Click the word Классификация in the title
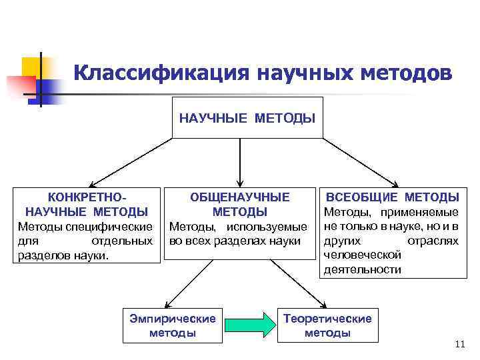[x=160, y=72]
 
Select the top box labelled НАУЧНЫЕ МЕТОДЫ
[x=247, y=117]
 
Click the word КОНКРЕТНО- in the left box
[x=87, y=197]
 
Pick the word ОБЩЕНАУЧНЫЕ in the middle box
[x=240, y=197]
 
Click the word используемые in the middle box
[x=276, y=226]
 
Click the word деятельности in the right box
[x=362, y=269]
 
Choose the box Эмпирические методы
[x=173, y=325]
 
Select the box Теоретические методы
[x=327, y=325]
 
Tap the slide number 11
[x=458, y=344]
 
